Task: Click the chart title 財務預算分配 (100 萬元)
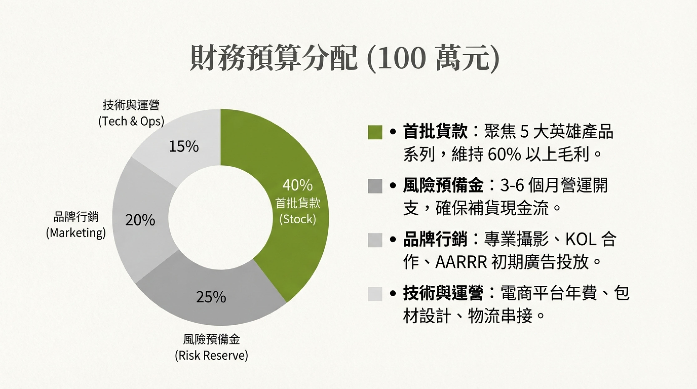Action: (345, 59)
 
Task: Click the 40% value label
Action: (297, 185)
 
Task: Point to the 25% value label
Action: (211, 297)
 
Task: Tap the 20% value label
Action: (140, 220)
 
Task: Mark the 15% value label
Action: (184, 147)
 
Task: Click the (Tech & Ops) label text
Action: (131, 121)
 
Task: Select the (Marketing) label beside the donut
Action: (76, 233)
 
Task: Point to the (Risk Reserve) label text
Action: (212, 355)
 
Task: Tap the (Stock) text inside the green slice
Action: (298, 219)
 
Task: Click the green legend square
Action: (375, 132)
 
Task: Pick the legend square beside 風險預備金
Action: (375, 186)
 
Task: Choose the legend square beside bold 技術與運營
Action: (375, 294)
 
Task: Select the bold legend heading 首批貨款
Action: (435, 132)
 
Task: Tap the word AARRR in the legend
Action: (461, 262)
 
